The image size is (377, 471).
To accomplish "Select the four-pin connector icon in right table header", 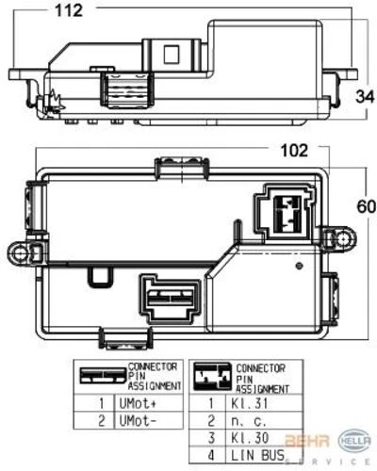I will pyautogui.click(x=213, y=376).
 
